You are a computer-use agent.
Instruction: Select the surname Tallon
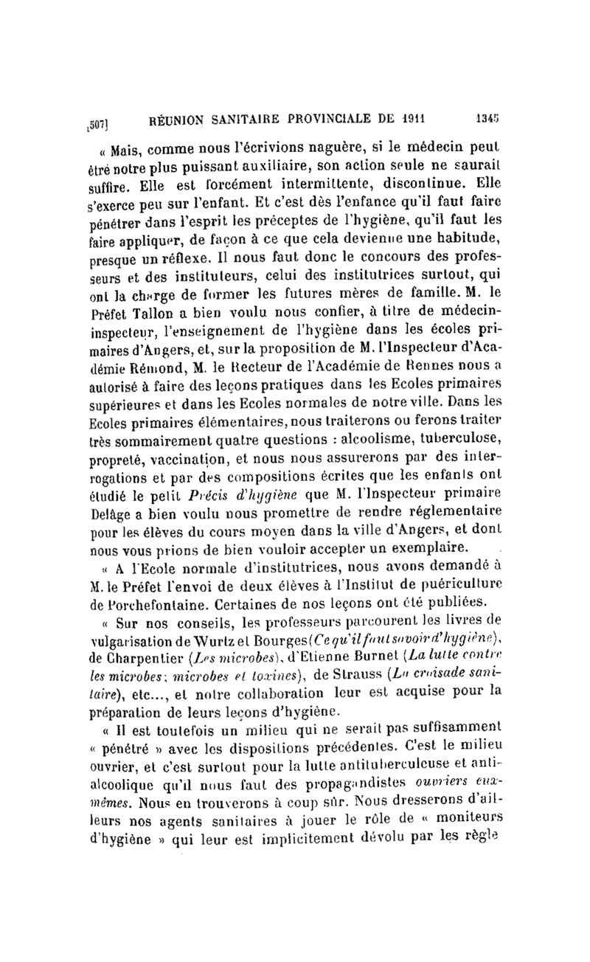(x=157, y=297)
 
